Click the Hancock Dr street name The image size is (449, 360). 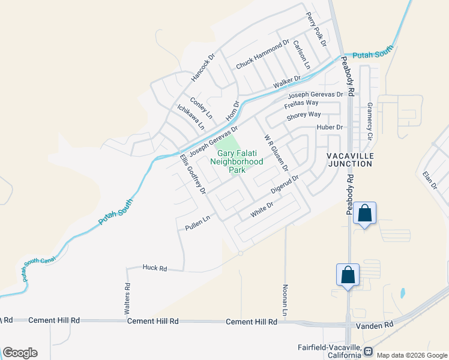pyautogui.click(x=203, y=68)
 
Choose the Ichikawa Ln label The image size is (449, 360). pyautogui.click(x=191, y=117)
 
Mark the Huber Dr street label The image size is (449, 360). pyautogui.click(x=330, y=127)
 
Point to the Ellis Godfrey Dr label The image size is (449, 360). pyautogui.click(x=193, y=174)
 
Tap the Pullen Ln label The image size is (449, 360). pyautogui.click(x=197, y=223)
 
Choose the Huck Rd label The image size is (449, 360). pyautogui.click(x=154, y=268)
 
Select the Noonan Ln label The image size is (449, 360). pyautogui.click(x=286, y=299)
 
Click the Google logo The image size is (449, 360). pyautogui.click(x=20, y=353)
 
